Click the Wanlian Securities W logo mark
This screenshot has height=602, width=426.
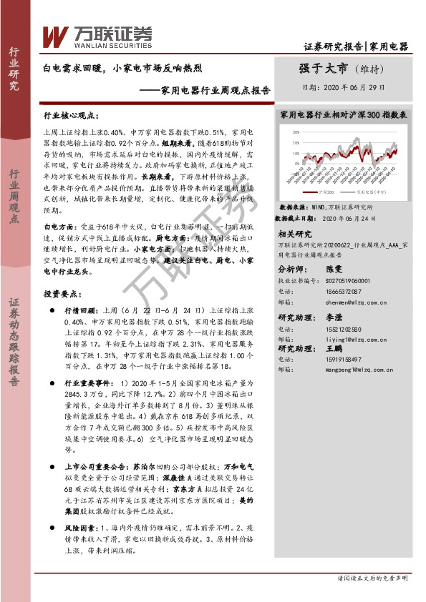(55, 36)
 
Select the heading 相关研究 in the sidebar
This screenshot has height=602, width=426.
(294, 234)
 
